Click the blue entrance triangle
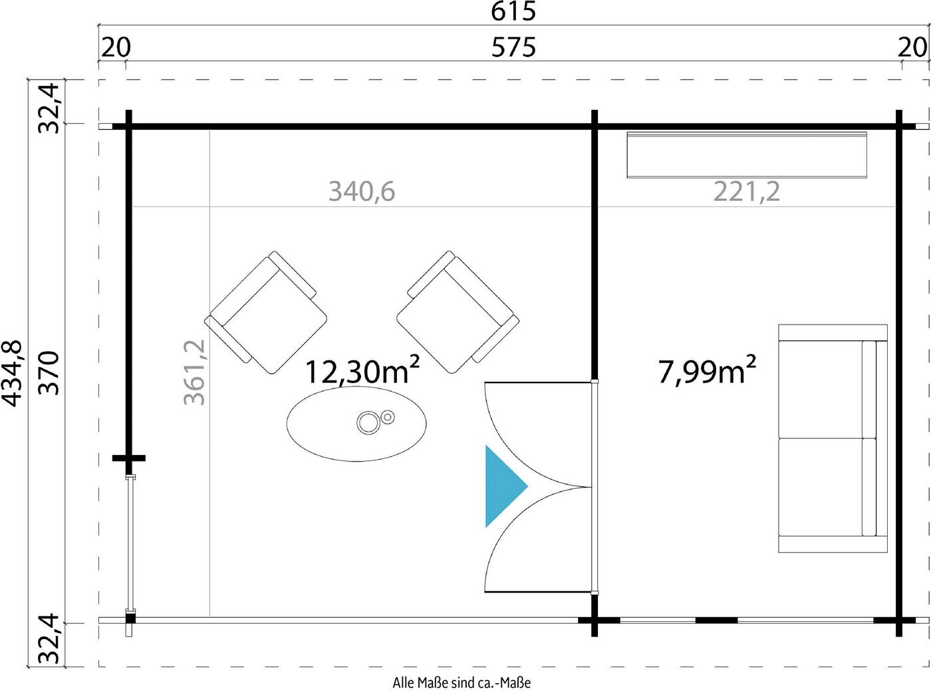(x=501, y=486)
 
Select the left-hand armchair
(x=266, y=313)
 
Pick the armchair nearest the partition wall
(x=458, y=312)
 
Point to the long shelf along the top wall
(x=747, y=154)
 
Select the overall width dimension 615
(x=513, y=11)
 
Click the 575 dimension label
(x=513, y=47)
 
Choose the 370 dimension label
(x=49, y=374)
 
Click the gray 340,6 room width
(x=362, y=192)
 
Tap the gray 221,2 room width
(x=747, y=192)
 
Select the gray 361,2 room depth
(x=195, y=372)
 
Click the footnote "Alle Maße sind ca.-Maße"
(x=462, y=682)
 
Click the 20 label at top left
(x=116, y=47)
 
